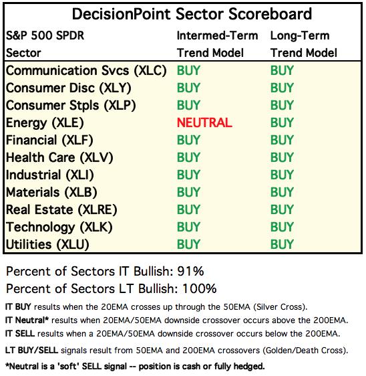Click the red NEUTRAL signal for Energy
point(204,122)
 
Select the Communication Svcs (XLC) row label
point(86,71)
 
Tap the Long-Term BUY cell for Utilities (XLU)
point(282,245)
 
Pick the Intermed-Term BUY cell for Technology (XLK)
point(188,227)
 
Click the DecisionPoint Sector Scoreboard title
point(192,14)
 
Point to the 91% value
point(190,271)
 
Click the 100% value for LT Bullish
point(200,288)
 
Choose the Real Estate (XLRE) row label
point(61,210)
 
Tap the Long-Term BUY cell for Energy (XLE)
point(282,122)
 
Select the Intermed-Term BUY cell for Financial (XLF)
point(188,140)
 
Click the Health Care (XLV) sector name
point(59,158)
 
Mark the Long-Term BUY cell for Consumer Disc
point(282,88)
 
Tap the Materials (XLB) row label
point(51,193)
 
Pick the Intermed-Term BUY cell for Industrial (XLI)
point(188,175)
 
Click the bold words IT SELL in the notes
point(20,334)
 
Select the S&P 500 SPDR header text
point(45,35)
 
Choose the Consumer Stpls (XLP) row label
point(71,106)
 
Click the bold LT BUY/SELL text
point(31,351)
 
